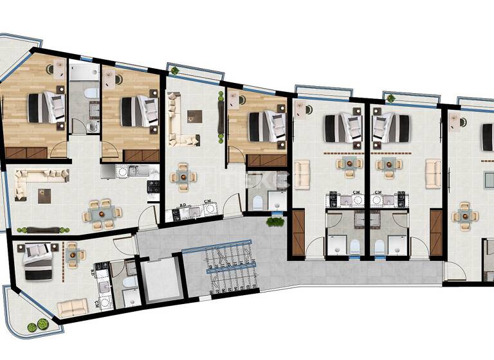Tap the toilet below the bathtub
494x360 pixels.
92,124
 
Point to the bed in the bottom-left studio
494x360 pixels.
39,262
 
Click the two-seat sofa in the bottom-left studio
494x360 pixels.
72,307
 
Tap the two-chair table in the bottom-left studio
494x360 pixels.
73,254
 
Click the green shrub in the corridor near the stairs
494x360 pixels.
276,222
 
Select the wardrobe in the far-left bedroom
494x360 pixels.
26,153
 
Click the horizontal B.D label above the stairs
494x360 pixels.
183,206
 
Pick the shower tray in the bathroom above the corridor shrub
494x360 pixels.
277,201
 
